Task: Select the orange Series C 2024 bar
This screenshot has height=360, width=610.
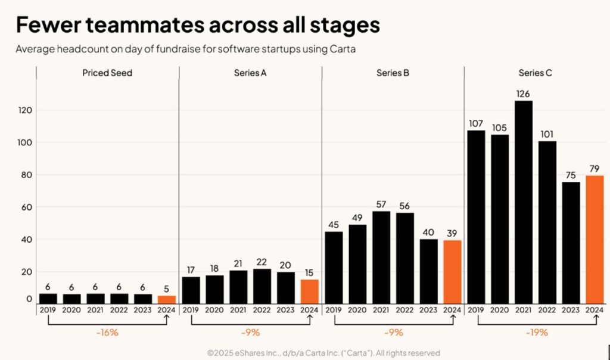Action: point(595,239)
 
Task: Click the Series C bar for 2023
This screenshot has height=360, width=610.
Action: point(571,242)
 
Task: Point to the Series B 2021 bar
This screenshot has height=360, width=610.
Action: point(381,257)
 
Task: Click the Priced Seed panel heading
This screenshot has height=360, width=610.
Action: point(107,73)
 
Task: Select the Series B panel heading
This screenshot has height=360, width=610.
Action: point(393,73)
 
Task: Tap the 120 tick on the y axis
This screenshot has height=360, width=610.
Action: point(24,110)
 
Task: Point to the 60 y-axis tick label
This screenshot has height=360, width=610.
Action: point(26,207)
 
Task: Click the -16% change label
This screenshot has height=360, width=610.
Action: point(107,332)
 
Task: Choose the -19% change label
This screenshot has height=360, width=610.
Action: point(536,332)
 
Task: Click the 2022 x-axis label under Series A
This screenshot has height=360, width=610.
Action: point(262,310)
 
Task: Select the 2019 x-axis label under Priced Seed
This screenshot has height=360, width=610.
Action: point(48,310)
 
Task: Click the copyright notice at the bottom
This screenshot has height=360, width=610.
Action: point(323,353)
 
